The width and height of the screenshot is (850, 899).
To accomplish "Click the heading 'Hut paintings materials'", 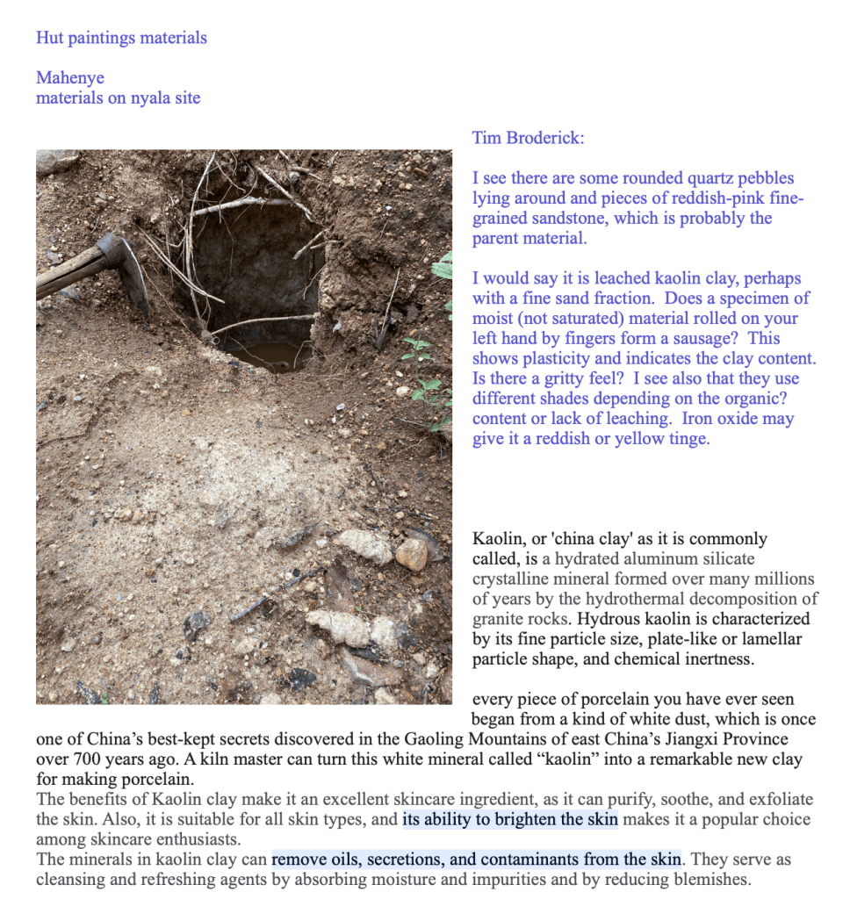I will [121, 38].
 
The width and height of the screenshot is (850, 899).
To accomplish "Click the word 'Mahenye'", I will [70, 78].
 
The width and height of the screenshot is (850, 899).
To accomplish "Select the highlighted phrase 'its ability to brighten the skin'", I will [510, 820].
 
